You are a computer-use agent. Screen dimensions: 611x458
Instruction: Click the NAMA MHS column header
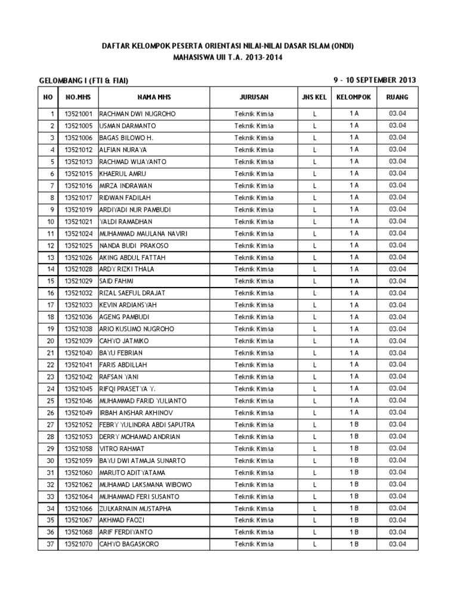click(x=151, y=97)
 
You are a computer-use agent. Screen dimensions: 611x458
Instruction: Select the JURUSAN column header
click(x=254, y=97)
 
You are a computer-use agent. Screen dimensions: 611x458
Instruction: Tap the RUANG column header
click(x=397, y=97)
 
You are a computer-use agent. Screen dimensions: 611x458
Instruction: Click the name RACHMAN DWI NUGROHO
click(x=138, y=114)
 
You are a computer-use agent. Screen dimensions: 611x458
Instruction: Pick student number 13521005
click(x=78, y=126)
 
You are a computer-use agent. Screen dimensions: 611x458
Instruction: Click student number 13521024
click(x=78, y=233)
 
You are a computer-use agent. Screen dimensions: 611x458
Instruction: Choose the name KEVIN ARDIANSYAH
click(x=128, y=305)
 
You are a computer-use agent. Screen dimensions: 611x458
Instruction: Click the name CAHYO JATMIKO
click(x=124, y=341)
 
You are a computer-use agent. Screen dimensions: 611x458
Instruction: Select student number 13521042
click(x=78, y=377)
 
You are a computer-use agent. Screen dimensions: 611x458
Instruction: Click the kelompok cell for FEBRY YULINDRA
click(x=354, y=424)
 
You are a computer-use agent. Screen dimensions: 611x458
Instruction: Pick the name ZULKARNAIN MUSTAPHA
click(x=135, y=508)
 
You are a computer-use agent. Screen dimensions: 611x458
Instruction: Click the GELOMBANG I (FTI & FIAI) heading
click(x=83, y=81)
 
